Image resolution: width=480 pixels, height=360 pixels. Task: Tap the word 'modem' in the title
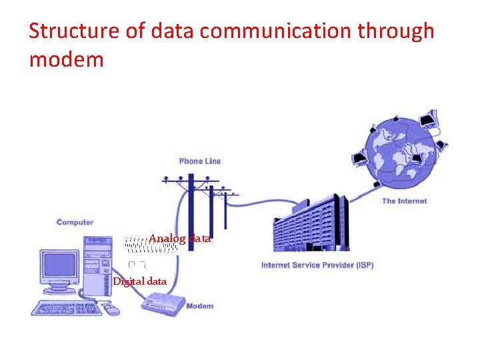[67, 60]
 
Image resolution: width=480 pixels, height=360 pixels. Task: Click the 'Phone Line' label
[199, 161]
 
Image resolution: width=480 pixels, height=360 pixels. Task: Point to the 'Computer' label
[75, 222]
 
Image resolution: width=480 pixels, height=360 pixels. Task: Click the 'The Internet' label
[404, 201]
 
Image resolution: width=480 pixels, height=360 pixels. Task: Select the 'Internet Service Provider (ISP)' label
[317, 265]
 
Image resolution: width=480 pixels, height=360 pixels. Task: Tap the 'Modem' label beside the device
[199, 306]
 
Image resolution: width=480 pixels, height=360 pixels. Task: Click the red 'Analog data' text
[180, 238]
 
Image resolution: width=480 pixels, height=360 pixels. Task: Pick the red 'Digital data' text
[139, 281]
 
